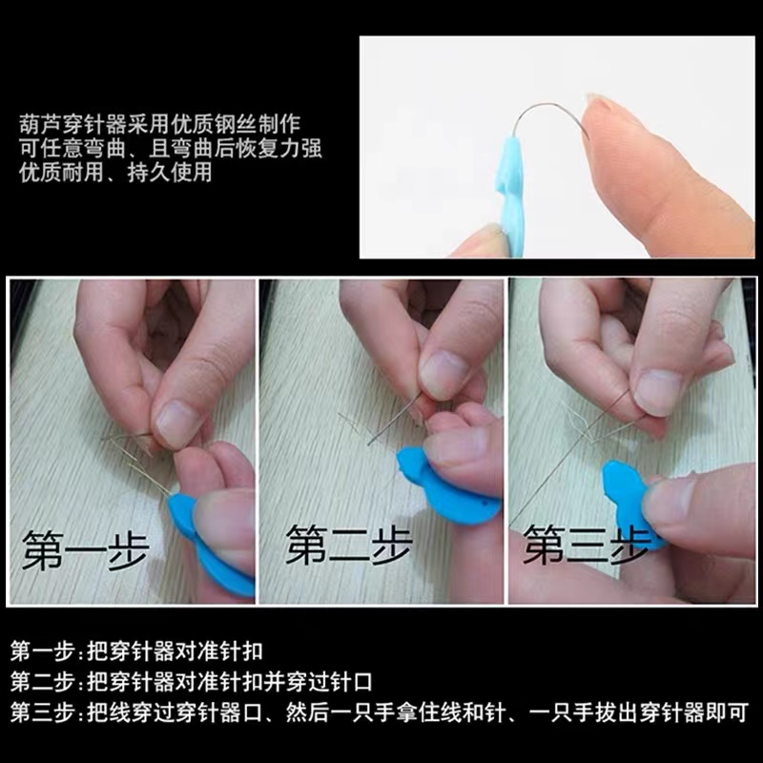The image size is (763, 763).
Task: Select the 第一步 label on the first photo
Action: (x=85, y=551)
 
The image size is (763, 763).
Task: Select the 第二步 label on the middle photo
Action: (x=349, y=545)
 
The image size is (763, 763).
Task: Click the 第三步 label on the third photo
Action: (x=587, y=545)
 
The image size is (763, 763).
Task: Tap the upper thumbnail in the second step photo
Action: (x=443, y=374)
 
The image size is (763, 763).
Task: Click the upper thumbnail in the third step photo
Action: (x=658, y=393)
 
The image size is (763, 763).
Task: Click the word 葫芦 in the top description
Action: (x=41, y=124)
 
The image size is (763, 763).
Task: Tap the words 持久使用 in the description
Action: (x=170, y=173)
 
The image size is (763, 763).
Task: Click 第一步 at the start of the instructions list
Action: (x=42, y=651)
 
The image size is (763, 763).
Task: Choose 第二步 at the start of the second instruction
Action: (x=42, y=682)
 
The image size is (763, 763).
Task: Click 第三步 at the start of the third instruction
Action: (x=42, y=712)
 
